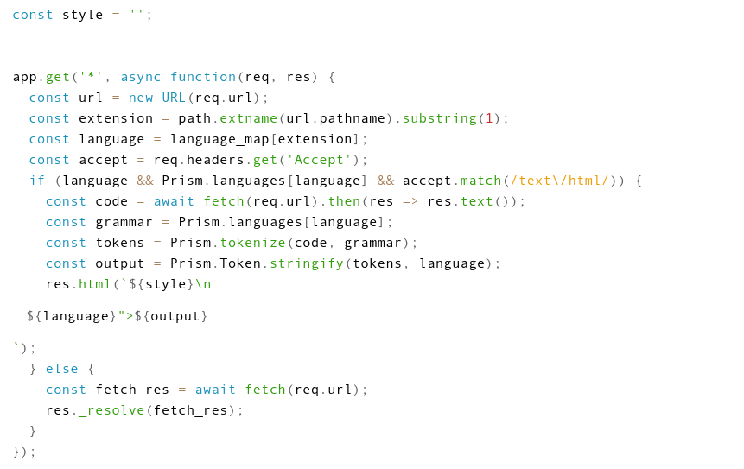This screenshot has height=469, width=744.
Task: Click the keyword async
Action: point(141,77)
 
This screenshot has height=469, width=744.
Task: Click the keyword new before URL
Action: point(141,98)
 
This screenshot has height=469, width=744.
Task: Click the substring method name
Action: point(439,118)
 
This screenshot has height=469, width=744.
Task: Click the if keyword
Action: point(37,181)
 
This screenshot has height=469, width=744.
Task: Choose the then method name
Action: point(344,201)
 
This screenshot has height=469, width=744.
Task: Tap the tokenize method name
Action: point(249,243)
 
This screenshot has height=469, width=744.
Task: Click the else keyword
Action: point(62,369)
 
